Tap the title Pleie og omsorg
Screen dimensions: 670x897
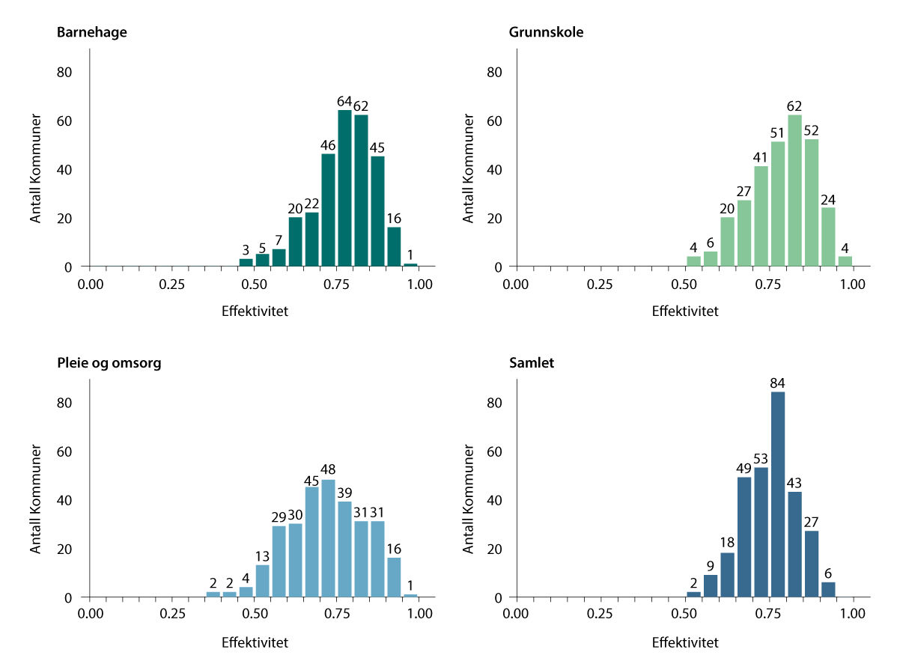[x=109, y=363]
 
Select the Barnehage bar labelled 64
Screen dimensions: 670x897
[x=344, y=188]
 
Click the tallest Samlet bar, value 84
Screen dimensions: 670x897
[x=778, y=494]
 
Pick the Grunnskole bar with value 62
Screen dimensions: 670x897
[x=794, y=191]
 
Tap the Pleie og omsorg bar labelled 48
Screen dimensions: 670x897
[x=328, y=538]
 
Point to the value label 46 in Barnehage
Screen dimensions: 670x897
[x=328, y=144]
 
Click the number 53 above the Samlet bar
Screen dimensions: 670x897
[x=761, y=458]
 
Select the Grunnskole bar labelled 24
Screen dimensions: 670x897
[x=827, y=237]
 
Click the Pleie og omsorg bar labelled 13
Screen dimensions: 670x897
[x=262, y=581]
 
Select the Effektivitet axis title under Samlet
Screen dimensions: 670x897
[x=685, y=642]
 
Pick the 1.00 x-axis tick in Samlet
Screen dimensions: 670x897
[x=852, y=615]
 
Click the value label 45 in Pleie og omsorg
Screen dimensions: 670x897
[x=311, y=480]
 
